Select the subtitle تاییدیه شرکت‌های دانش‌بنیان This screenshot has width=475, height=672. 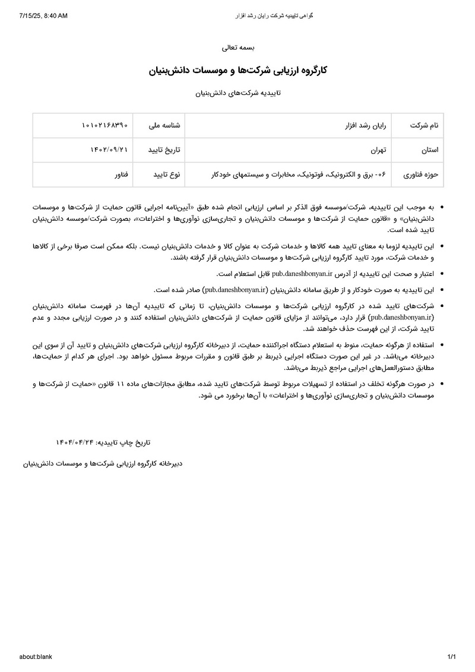point(237,93)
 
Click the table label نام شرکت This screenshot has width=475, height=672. point(425,126)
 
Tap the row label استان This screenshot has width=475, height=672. point(429,150)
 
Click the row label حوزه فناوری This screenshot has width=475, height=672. point(421,175)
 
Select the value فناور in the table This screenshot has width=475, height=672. point(121,175)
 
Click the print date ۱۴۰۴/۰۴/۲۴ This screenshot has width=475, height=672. point(75,442)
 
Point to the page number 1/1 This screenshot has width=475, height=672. point(451,657)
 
